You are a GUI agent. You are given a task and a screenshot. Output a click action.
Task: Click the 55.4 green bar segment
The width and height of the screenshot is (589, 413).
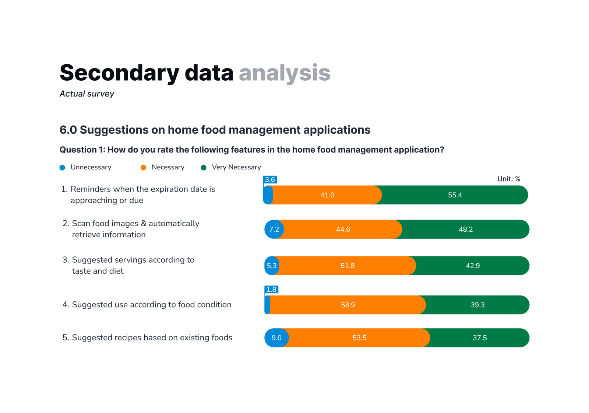pyautogui.click(x=455, y=195)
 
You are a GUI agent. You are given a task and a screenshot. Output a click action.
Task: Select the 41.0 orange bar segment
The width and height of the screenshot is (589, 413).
pyautogui.click(x=327, y=195)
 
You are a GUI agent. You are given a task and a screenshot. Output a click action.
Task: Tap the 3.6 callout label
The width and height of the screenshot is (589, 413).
pyautogui.click(x=270, y=180)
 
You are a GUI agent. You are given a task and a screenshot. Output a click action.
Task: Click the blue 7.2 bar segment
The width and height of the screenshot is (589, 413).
pyautogui.click(x=274, y=229)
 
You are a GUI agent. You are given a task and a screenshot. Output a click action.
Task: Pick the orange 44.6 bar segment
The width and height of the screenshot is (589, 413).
pyautogui.click(x=343, y=229)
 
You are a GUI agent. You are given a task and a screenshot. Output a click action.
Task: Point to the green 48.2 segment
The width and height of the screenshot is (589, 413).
pyautogui.click(x=466, y=229)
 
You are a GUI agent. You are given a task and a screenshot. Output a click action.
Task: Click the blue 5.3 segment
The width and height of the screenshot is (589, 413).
pyautogui.click(x=272, y=266)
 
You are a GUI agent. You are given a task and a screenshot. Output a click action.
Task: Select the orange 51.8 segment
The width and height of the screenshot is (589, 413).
pyautogui.click(x=348, y=266)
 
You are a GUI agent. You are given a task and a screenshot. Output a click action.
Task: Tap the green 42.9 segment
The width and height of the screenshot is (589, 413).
pyautogui.click(x=473, y=266)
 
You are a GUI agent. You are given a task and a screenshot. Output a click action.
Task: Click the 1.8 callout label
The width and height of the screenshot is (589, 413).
pyautogui.click(x=271, y=290)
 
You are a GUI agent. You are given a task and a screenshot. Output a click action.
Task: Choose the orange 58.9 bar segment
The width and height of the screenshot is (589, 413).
pyautogui.click(x=348, y=305)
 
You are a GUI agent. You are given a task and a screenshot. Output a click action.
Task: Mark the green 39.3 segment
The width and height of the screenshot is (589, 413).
pyautogui.click(x=477, y=305)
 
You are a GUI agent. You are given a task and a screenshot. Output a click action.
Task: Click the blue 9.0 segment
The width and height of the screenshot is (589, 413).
pyautogui.click(x=276, y=338)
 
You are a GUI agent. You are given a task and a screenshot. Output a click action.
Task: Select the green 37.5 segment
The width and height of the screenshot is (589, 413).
pyautogui.click(x=480, y=338)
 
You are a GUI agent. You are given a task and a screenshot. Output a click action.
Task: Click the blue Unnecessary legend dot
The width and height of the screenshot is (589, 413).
pyautogui.click(x=62, y=168)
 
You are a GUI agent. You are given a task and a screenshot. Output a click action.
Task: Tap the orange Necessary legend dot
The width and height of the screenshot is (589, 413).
pyautogui.click(x=143, y=168)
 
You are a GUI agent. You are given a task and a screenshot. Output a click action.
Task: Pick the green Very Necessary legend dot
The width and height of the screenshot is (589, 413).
pyautogui.click(x=204, y=168)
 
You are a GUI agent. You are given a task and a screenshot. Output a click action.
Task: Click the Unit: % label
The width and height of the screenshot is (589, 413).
pyautogui.click(x=509, y=179)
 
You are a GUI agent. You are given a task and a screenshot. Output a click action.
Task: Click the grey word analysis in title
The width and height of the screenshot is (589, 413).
pyautogui.click(x=285, y=73)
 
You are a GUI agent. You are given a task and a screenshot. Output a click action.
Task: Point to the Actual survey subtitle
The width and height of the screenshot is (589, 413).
pyautogui.click(x=87, y=94)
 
